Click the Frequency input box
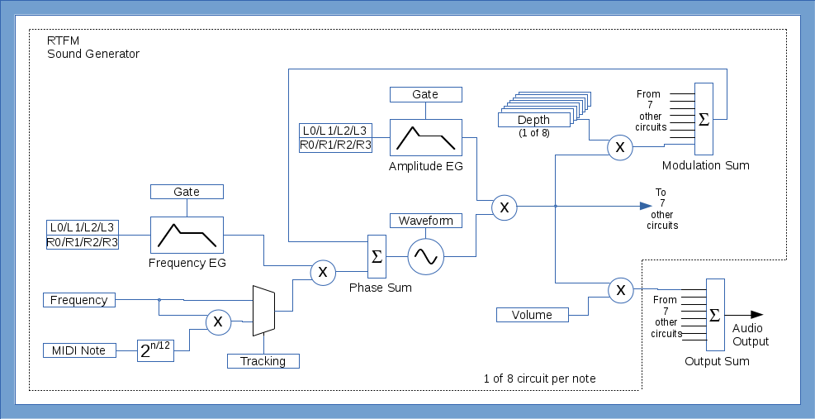(x=78, y=300)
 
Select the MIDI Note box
(x=78, y=350)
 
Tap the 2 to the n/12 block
(x=155, y=350)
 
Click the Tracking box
(x=263, y=361)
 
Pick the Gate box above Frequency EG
(x=187, y=192)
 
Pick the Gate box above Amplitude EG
(x=425, y=94)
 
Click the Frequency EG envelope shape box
(x=187, y=235)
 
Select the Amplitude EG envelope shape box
(x=426, y=137)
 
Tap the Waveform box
(x=425, y=221)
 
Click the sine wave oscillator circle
(x=426, y=256)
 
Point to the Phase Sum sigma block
(x=377, y=256)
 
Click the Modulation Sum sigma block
(x=704, y=119)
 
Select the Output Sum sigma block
(x=715, y=315)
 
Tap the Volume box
(x=533, y=315)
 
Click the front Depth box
(x=533, y=121)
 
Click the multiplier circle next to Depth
(x=619, y=147)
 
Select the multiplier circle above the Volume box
(x=619, y=289)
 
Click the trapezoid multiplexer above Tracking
(x=263, y=311)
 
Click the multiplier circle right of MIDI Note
(x=218, y=321)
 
